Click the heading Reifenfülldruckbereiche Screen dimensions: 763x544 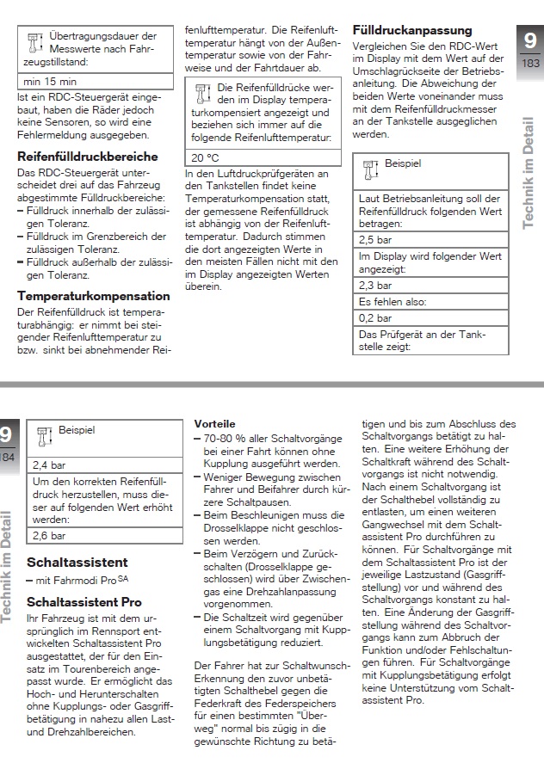coord(88,157)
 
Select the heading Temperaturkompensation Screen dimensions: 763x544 coord(94,296)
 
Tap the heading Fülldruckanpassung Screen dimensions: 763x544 coord(412,31)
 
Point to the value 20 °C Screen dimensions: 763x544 coord(205,158)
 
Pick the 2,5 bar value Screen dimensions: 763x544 coord(375,240)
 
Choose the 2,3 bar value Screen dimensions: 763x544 coord(375,285)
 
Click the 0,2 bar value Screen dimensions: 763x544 coord(375,317)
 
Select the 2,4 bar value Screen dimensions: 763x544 coord(49,465)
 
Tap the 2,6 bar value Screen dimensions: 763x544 coord(49,535)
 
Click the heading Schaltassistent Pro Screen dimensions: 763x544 coord(83,602)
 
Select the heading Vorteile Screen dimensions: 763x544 coord(215,425)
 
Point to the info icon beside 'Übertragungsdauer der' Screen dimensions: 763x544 coord(34,43)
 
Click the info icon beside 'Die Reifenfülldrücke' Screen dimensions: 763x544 coord(203,92)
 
